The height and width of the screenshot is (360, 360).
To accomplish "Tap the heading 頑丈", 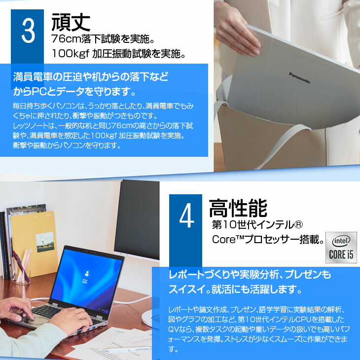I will click(x=71, y=22).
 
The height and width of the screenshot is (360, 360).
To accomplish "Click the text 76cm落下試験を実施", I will click(x=103, y=39).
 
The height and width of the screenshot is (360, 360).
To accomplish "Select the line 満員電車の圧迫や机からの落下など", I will click(x=91, y=77).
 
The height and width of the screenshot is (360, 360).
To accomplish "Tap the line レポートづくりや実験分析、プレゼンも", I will click(x=250, y=275).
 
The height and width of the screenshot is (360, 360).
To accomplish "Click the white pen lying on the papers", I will click(x=123, y=349).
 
